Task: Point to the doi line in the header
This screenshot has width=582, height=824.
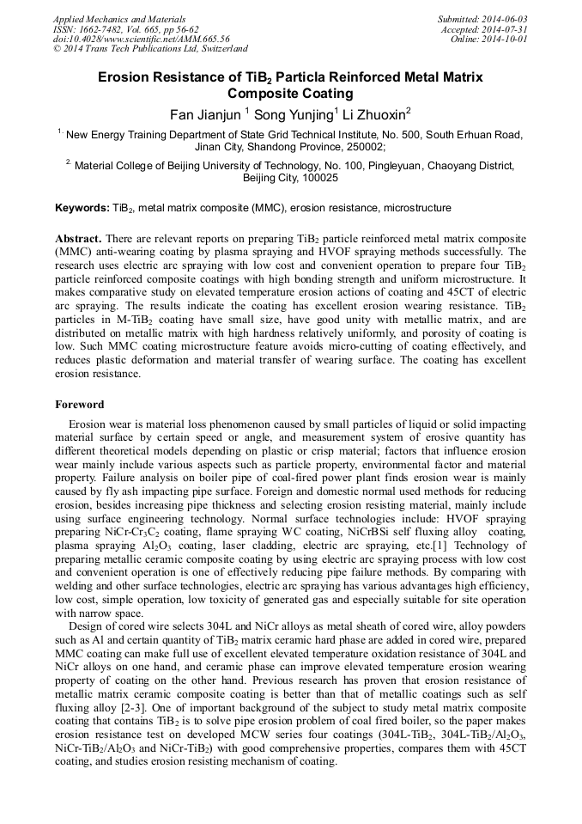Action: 141,39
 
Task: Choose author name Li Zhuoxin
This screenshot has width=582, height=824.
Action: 374,113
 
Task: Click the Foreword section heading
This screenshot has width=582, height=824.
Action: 80,404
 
